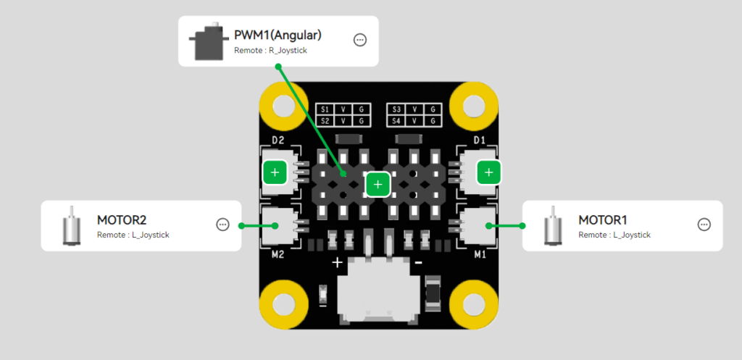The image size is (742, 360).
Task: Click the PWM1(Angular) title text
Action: [278, 35]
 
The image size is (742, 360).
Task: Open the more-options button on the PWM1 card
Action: [360, 40]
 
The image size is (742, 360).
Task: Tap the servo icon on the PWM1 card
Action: [208, 41]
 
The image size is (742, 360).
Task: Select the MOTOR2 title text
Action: [122, 219]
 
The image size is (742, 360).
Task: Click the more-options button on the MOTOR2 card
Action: [222, 225]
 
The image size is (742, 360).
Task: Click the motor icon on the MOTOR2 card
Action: [71, 225]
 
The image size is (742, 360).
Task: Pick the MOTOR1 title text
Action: [603, 219]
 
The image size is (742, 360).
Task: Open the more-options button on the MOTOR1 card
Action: [704, 225]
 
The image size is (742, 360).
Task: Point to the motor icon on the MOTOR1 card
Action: [552, 225]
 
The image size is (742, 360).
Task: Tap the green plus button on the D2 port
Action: [275, 172]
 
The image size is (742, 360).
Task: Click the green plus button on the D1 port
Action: [489, 172]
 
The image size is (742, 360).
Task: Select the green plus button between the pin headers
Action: [377, 185]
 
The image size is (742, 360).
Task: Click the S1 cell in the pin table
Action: [325, 109]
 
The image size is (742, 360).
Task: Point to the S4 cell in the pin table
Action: [396, 120]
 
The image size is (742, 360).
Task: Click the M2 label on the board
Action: [277, 254]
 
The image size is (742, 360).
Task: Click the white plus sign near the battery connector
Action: [337, 262]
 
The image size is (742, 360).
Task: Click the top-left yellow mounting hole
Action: [283, 106]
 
